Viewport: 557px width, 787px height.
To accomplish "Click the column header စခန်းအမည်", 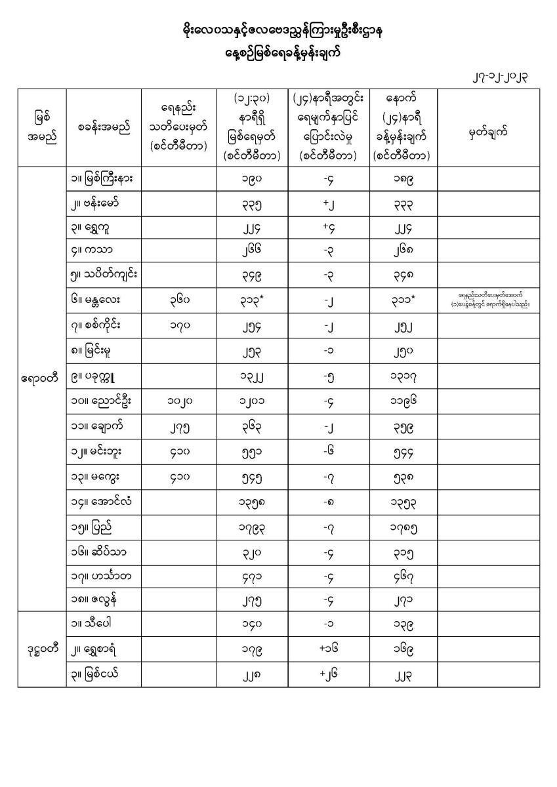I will (x=104, y=129).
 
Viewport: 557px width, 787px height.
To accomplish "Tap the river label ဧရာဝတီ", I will (x=41, y=378).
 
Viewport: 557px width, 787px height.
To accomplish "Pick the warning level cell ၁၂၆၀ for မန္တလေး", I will (x=178, y=300).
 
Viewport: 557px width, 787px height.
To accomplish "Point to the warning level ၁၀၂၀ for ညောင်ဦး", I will (x=178, y=401).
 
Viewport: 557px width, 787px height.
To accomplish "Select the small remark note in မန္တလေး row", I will (x=488, y=300).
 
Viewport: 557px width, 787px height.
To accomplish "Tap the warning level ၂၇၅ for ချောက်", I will (x=178, y=427).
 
